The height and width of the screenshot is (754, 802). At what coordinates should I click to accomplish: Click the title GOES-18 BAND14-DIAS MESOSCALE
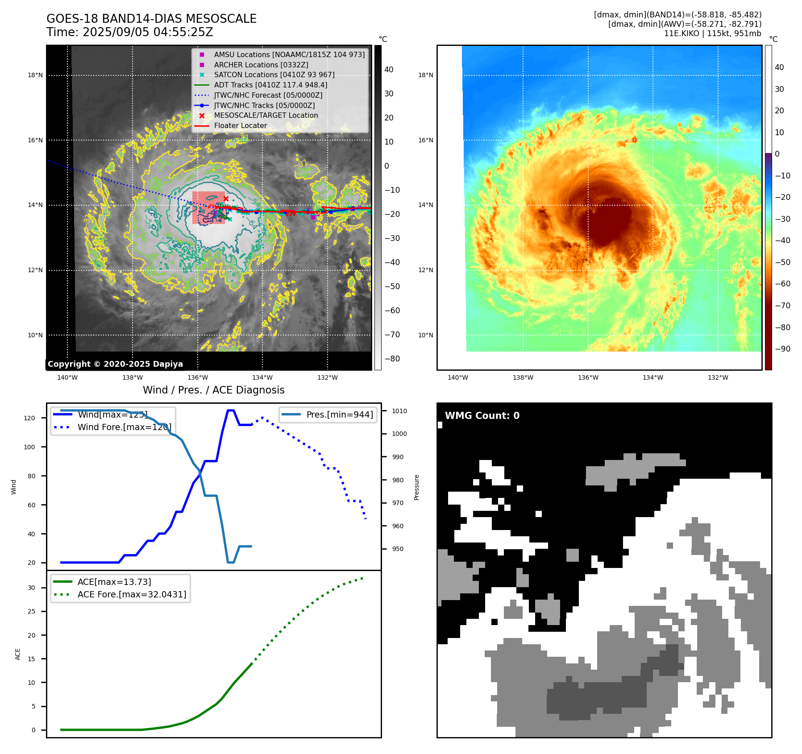tap(151, 19)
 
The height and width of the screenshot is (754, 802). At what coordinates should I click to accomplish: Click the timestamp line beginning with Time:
tap(129, 32)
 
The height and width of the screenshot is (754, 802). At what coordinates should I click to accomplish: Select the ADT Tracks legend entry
tap(270, 85)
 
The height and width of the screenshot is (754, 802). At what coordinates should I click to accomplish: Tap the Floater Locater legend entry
tap(240, 126)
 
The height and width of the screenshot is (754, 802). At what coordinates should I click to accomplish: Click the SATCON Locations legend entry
tap(274, 75)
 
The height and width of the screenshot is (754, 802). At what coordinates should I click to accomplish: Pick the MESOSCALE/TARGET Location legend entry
tap(266, 116)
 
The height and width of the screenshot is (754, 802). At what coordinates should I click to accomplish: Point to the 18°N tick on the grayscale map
tap(35, 75)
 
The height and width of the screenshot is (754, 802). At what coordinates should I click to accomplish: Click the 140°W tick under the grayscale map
tap(67, 377)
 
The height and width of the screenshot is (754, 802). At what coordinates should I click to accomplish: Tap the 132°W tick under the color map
tap(718, 377)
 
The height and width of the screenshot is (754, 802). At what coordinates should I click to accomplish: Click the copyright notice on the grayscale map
tap(115, 364)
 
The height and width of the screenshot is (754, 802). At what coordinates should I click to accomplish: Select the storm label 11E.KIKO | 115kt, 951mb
tap(712, 33)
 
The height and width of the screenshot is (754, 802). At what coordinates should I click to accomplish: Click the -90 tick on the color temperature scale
tap(782, 349)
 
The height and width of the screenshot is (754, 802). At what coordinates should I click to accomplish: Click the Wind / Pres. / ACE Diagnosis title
tap(213, 390)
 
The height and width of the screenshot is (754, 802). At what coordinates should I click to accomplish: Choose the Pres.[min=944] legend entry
tap(339, 414)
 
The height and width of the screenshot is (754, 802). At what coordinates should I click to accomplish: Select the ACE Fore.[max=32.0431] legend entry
tap(132, 594)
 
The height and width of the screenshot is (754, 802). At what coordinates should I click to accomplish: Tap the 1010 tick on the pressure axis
tap(399, 411)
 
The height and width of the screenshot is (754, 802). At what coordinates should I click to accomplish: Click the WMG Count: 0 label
tap(482, 416)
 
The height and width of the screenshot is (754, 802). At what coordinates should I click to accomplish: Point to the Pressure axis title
tap(417, 487)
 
